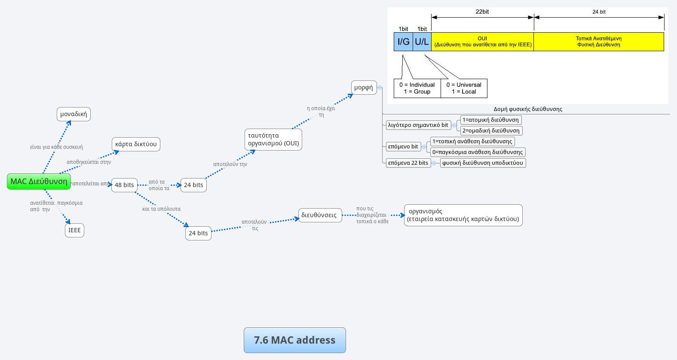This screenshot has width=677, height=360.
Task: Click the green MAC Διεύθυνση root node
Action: pyautogui.click(x=39, y=182)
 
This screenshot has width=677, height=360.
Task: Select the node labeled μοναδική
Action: pyautogui.click(x=74, y=114)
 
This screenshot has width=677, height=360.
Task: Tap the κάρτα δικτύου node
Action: pyautogui.click(x=136, y=144)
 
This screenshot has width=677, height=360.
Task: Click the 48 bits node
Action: pyautogui.click(x=124, y=185)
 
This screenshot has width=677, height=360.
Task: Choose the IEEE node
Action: pyautogui.click(x=74, y=230)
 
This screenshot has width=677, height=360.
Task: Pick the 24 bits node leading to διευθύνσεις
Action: pyautogui.click(x=198, y=233)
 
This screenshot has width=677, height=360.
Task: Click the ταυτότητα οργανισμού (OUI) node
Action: pyautogui.click(x=273, y=139)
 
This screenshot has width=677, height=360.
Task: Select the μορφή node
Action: pyautogui.click(x=364, y=87)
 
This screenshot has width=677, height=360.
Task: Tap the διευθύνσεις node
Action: pyautogui.click(x=319, y=215)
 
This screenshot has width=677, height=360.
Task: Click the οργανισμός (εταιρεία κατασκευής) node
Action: pyautogui.click(x=463, y=215)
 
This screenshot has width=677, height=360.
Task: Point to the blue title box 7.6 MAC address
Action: pyautogui.click(x=294, y=340)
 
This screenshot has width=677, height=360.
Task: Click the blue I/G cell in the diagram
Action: pyautogui.click(x=403, y=42)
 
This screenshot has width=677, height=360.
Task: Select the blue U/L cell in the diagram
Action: pyautogui.click(x=422, y=42)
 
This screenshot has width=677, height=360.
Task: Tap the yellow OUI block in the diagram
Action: pyautogui.click(x=482, y=42)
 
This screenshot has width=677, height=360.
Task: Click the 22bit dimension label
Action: pyautogui.click(x=482, y=12)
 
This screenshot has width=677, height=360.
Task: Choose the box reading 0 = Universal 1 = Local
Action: pyautogui.click(x=464, y=88)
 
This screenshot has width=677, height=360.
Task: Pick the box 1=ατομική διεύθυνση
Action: pyautogui.click(x=490, y=120)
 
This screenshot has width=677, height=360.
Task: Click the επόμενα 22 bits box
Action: pyautogui.click(x=408, y=163)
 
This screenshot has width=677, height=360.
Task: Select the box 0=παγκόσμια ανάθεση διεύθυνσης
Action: pyautogui.click(x=478, y=152)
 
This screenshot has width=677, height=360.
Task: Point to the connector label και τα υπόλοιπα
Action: pyautogui.click(x=161, y=209)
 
